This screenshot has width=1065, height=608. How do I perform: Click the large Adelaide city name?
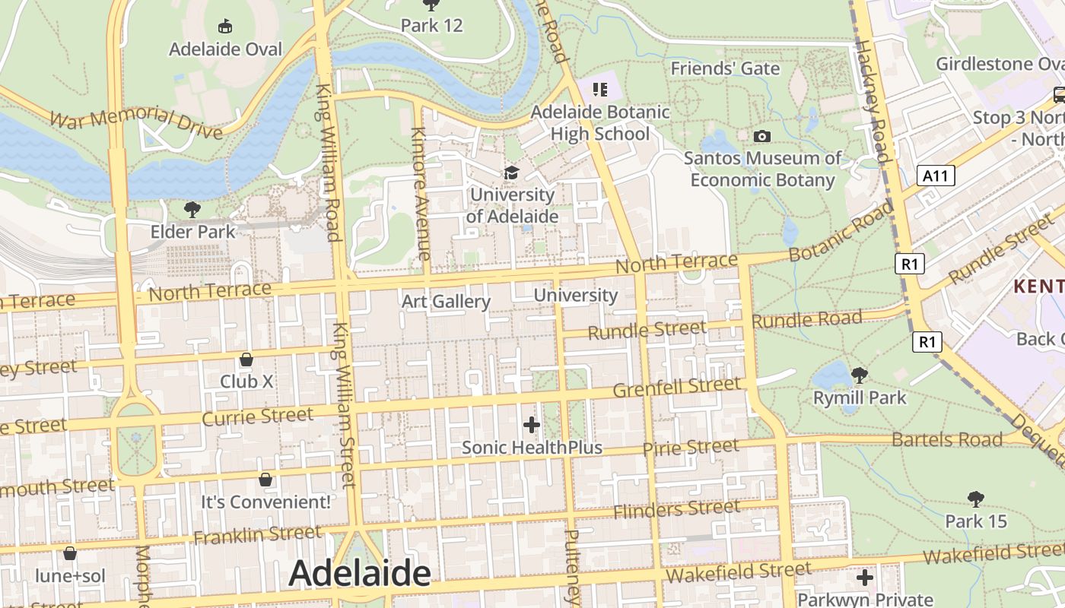[x=359, y=573]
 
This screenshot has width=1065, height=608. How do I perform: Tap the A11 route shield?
[x=935, y=176]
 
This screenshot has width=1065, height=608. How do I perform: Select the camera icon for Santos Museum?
[x=761, y=137]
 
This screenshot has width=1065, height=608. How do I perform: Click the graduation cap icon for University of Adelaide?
[x=511, y=173]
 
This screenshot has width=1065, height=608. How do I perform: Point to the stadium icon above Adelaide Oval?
[x=225, y=27]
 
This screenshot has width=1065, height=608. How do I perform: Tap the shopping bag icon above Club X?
[x=246, y=359]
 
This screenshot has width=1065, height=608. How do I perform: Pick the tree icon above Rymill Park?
[x=860, y=375]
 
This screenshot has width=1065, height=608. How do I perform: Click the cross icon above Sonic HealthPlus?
[x=532, y=425]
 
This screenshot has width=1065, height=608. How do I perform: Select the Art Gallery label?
[x=446, y=302]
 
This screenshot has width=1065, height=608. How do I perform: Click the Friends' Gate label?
[x=725, y=68]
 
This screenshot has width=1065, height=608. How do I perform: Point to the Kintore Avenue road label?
[x=421, y=194]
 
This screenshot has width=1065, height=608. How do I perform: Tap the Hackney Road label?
[x=873, y=103]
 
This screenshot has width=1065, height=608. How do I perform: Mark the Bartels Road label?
[x=947, y=439]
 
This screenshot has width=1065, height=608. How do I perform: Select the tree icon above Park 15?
[x=976, y=499]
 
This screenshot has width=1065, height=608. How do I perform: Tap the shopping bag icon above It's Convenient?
[x=265, y=480]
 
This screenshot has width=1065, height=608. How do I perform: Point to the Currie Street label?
[x=258, y=416]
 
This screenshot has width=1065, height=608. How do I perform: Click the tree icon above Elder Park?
[x=192, y=209]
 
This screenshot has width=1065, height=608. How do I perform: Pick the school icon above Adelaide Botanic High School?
[x=600, y=90]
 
